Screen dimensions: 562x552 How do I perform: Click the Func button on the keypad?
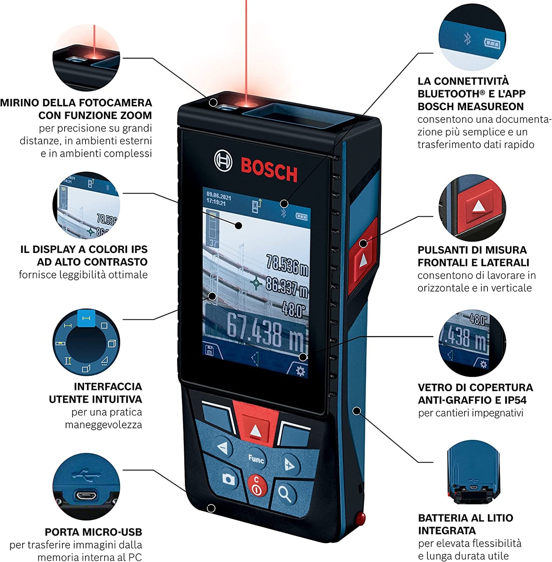point(256,459)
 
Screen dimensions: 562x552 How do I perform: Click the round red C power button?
point(257,486)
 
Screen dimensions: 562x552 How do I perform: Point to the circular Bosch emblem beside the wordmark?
point(223,161)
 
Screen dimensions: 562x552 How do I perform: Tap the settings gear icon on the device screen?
point(301,371)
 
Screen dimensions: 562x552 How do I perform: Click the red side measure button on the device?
point(363,259)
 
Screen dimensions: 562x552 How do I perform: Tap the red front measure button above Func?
point(255,426)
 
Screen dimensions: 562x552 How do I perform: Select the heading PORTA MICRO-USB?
point(93,532)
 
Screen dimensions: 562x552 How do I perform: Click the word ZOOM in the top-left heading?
point(136,115)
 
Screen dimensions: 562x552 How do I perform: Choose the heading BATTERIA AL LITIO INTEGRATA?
point(465,524)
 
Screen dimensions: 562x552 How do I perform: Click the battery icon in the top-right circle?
point(492,44)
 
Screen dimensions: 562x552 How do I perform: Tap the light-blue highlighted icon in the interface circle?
point(86,318)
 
